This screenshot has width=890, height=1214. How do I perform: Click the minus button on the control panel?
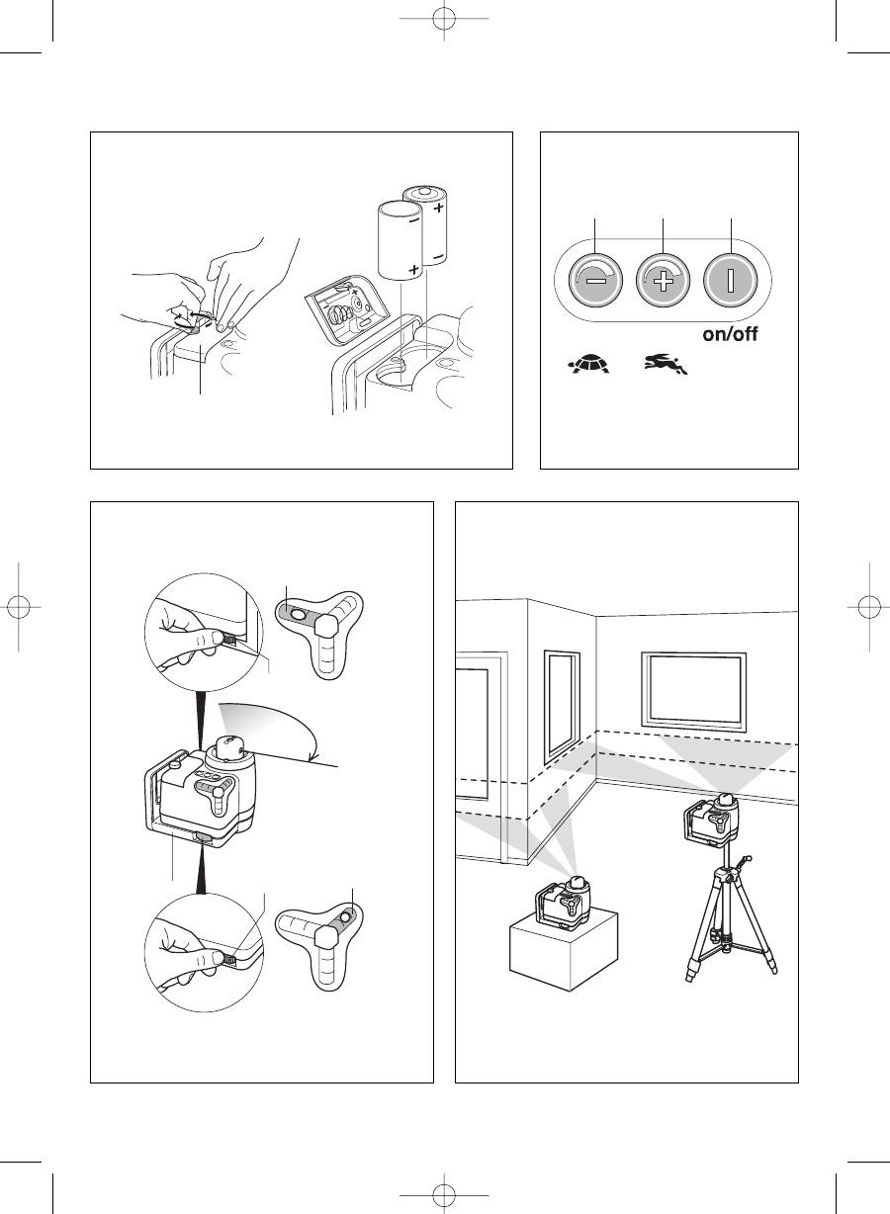point(595,280)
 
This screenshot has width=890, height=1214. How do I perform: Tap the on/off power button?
point(730,280)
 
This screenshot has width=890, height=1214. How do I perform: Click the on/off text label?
point(730,334)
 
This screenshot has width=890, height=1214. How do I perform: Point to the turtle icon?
point(590,364)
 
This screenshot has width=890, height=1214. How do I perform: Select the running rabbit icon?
point(667,364)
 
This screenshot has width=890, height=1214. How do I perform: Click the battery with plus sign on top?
point(426,225)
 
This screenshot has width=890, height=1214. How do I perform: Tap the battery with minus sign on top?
point(400,240)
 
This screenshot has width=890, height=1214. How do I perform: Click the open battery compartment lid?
point(347,308)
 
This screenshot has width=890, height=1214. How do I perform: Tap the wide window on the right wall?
point(694,689)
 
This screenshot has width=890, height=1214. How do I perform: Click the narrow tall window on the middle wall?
point(562,706)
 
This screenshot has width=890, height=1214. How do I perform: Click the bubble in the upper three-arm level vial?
point(298,614)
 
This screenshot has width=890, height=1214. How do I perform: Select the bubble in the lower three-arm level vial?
point(345,917)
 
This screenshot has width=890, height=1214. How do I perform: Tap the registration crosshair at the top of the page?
point(444,19)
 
